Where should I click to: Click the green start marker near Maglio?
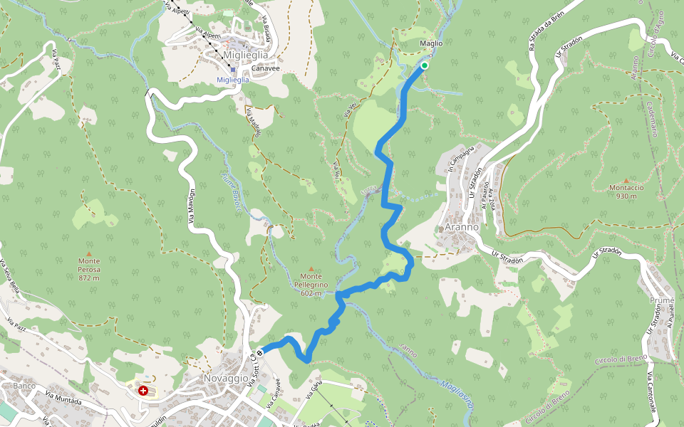click(x=424, y=66)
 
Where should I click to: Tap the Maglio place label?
click(x=431, y=43)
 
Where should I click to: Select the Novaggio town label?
click(x=226, y=378)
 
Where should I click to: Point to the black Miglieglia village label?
click(x=246, y=56)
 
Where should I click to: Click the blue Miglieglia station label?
click(x=233, y=80)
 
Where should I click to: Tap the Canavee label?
click(x=265, y=68)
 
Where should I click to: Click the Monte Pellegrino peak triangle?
click(x=311, y=268)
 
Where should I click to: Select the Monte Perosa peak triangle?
click(x=89, y=253)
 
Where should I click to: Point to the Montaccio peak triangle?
click(x=626, y=180)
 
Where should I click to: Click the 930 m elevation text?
click(x=626, y=196)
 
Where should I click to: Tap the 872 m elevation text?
click(x=89, y=278)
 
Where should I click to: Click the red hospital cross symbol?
click(x=143, y=391)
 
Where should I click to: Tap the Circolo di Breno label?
click(x=613, y=360)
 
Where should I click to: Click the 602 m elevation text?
click(x=311, y=293)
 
